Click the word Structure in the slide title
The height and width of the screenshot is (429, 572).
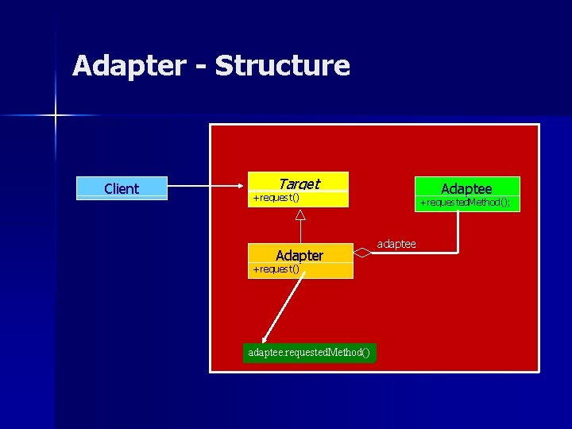click(282, 66)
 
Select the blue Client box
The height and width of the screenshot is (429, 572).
click(122, 188)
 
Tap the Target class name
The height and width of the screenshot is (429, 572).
click(299, 183)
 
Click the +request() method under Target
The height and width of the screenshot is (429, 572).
click(275, 197)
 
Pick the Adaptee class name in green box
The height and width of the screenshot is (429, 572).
click(466, 187)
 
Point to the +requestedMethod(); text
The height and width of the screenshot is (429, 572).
click(466, 203)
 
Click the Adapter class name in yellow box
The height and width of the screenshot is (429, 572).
click(300, 255)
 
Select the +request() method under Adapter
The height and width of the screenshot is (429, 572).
click(275, 269)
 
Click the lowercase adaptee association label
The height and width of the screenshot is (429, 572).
click(396, 244)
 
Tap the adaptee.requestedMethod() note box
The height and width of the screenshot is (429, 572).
click(308, 352)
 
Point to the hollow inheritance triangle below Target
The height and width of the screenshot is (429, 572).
click(300, 214)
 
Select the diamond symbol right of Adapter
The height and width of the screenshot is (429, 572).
click(362, 253)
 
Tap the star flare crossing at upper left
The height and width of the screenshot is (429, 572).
click(56, 116)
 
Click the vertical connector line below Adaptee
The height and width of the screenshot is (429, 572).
click(458, 230)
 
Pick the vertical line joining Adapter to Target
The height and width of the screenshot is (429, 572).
click(300, 232)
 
